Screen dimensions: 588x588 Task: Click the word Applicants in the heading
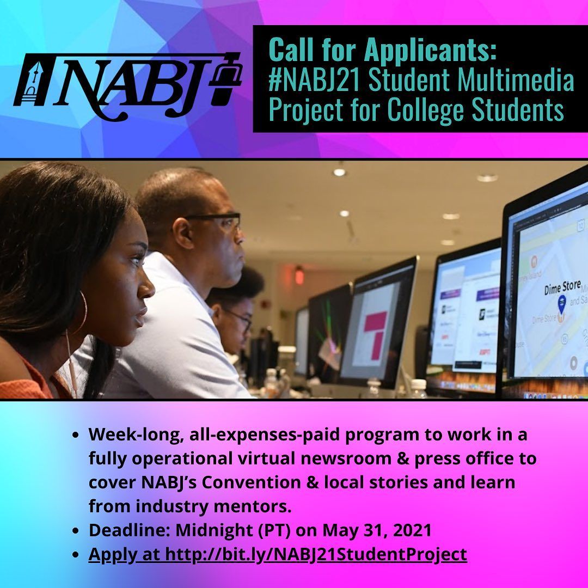point(430,51)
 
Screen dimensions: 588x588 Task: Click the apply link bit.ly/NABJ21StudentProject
point(316,554)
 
